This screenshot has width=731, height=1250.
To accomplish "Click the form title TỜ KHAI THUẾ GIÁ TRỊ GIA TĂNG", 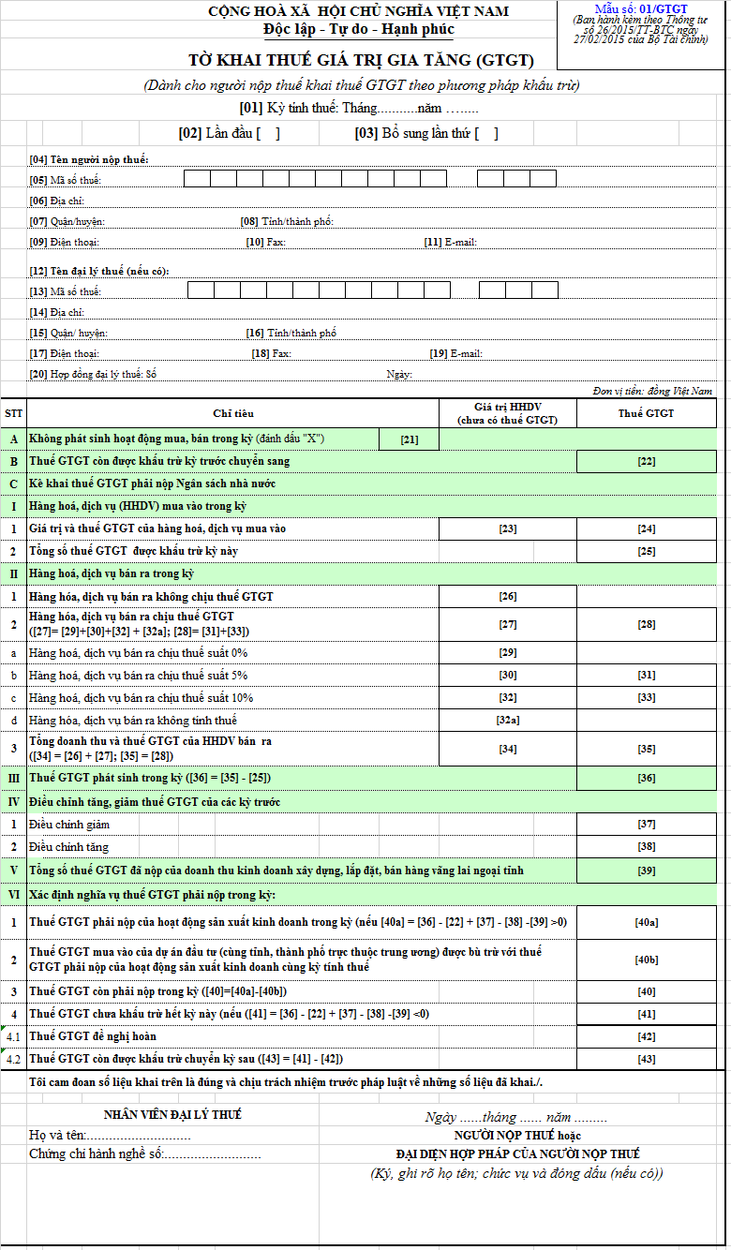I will click(361, 61).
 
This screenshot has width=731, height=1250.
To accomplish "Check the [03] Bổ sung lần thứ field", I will click(486, 133).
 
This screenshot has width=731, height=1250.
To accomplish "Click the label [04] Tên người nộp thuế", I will click(89, 159).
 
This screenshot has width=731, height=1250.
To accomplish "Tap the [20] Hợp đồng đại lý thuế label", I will click(93, 374).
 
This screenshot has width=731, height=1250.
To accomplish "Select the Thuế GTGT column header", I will click(647, 413).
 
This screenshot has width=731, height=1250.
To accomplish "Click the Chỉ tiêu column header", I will click(232, 413).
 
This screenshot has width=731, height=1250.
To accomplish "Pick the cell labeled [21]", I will click(409, 439).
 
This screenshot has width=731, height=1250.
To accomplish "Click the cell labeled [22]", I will click(647, 461).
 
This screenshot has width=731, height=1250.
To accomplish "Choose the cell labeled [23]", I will click(508, 528).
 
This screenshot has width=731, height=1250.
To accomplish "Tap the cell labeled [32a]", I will click(508, 720).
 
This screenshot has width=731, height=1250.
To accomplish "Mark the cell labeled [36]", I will click(647, 778).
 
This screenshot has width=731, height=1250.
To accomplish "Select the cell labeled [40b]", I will click(647, 958).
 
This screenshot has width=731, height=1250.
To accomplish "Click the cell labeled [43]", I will click(647, 1059).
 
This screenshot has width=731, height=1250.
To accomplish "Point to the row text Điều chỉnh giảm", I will click(69, 825).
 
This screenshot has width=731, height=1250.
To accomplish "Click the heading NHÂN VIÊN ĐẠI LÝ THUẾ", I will click(172, 1114).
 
